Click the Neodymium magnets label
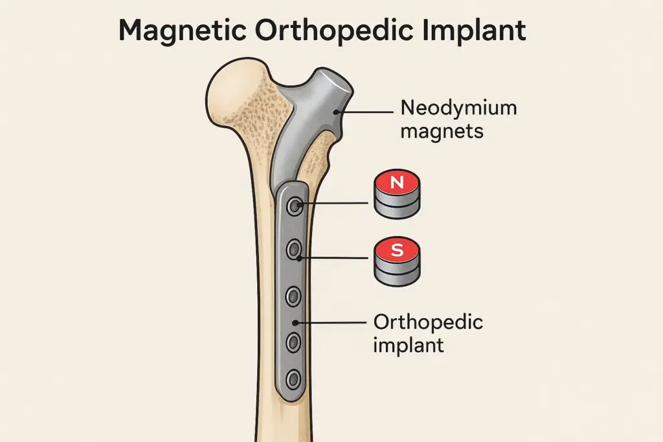point(458,119)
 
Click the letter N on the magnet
point(397,183)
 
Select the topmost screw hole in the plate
point(295,206)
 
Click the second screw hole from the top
point(295,248)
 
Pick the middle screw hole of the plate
point(294,297)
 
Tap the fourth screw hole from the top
point(294,340)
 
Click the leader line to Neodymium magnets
point(366,111)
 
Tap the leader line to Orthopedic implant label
point(330,322)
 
